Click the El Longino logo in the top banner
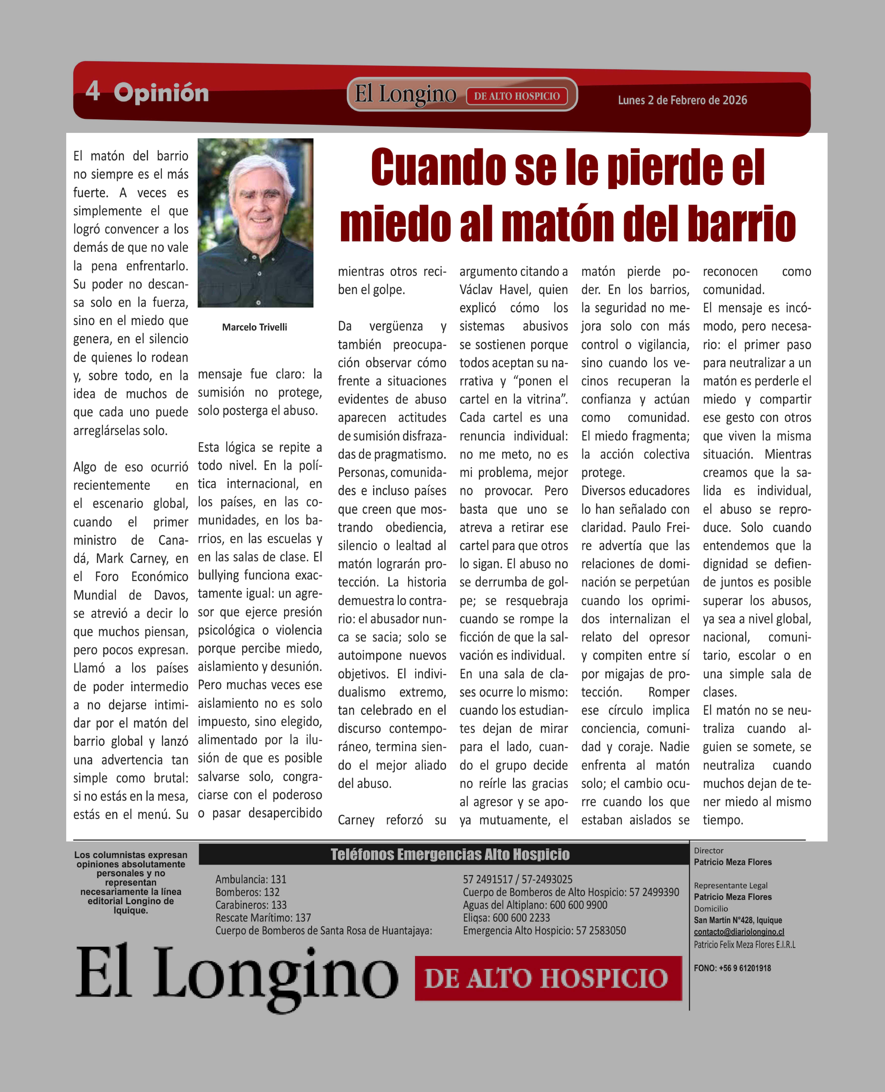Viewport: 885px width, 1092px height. point(405,94)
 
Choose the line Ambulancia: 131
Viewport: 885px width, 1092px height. point(251,879)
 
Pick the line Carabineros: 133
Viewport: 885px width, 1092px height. point(251,904)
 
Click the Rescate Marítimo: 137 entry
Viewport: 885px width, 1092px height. point(263,917)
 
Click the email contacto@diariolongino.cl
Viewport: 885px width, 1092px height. point(739,931)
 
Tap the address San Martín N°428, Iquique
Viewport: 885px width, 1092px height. point(738,920)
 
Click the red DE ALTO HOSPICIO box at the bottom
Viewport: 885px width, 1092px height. point(548,978)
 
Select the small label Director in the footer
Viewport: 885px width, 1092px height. point(708,851)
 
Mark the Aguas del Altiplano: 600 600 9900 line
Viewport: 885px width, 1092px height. point(535,904)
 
